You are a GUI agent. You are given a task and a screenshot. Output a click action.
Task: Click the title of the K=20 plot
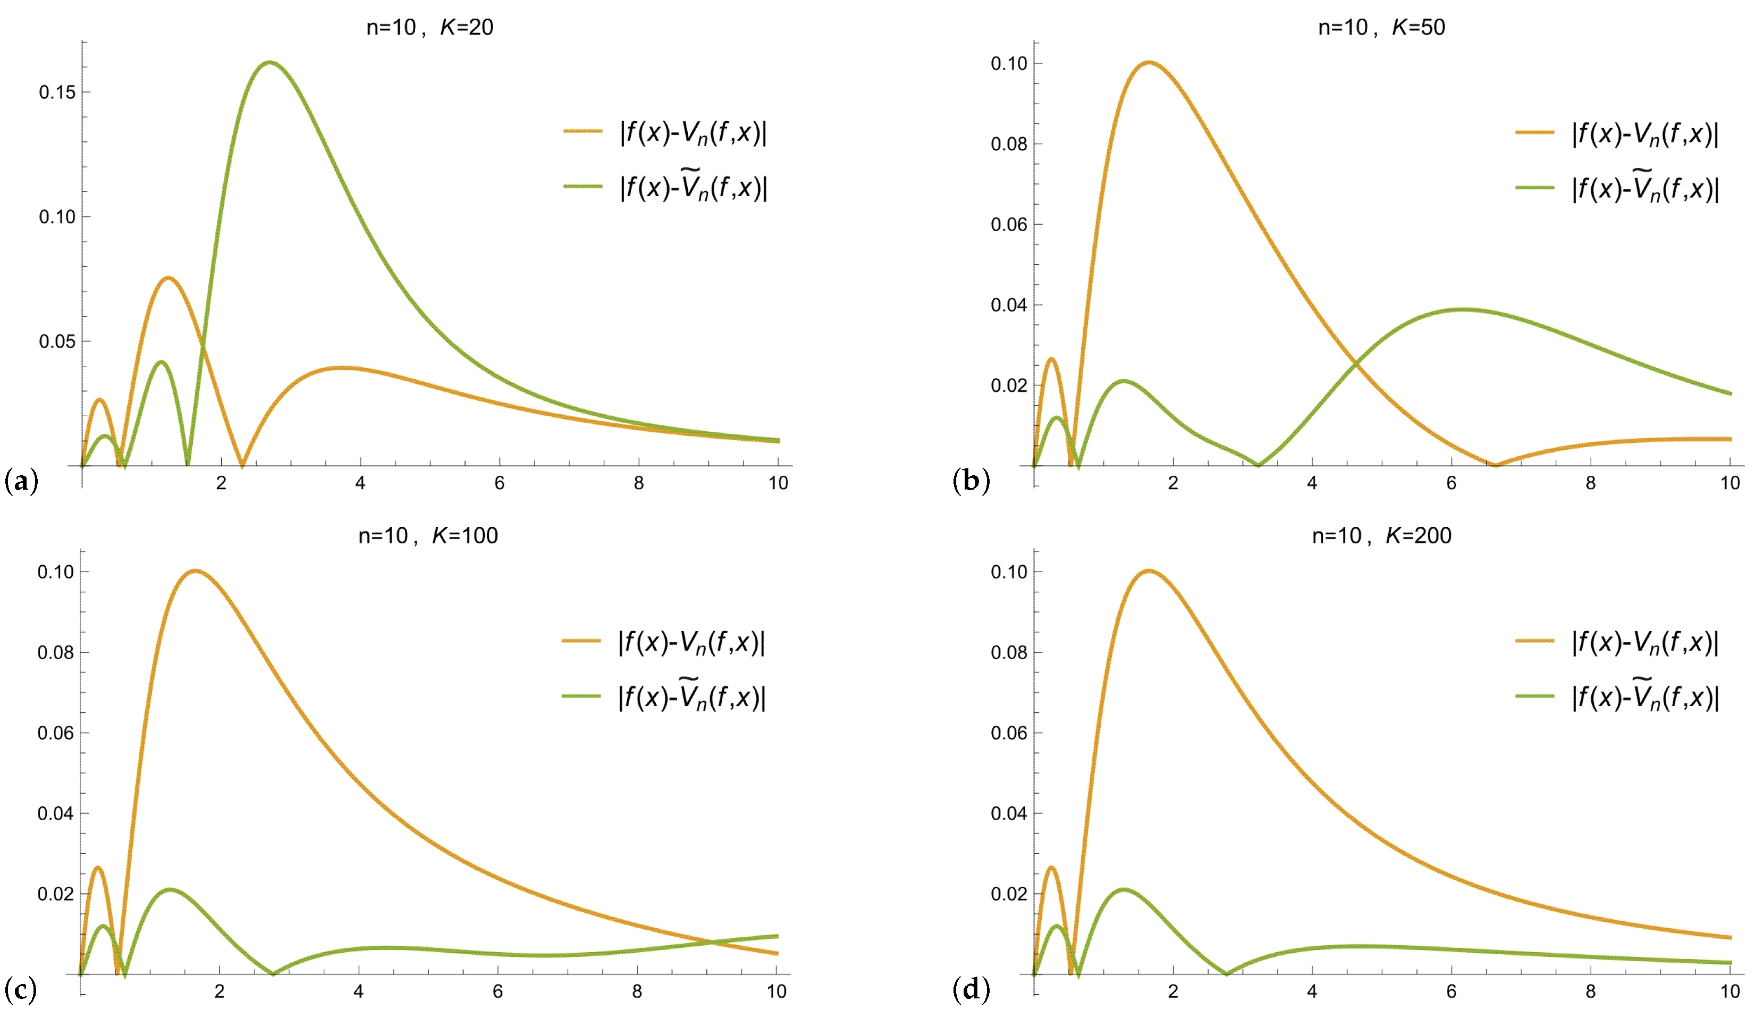pos(429,27)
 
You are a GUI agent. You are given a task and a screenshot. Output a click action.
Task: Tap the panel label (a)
pos(21,481)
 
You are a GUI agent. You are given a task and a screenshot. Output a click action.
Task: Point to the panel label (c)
pos(21,989)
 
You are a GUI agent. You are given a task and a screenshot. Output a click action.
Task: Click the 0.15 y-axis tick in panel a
pos(57,92)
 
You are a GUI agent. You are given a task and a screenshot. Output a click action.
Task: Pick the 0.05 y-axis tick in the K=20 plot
pos(57,341)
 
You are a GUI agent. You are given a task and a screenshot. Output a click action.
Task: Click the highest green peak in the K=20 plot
pos(269,63)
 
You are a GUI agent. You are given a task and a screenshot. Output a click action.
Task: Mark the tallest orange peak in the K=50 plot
pos(1148,63)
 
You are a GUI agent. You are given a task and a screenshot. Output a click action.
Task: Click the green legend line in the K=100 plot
pos(581,696)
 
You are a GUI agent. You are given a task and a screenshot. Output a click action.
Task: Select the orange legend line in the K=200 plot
pos(1534,640)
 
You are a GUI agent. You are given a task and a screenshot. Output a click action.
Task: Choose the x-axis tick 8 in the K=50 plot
pos(1591,483)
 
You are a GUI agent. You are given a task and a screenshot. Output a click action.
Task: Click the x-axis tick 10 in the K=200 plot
pos(1730,991)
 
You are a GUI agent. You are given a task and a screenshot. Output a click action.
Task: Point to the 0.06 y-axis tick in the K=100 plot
pos(56,733)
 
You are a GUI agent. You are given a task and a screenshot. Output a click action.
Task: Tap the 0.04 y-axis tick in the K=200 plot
pos(1009,813)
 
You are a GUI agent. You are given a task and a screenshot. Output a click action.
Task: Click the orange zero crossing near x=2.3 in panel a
pos(242,465)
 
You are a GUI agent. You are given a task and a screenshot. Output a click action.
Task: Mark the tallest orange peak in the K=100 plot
pos(195,571)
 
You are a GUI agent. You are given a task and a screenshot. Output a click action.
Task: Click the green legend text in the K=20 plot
pos(694,187)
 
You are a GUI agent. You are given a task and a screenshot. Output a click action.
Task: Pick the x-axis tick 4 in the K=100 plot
pos(359,991)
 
